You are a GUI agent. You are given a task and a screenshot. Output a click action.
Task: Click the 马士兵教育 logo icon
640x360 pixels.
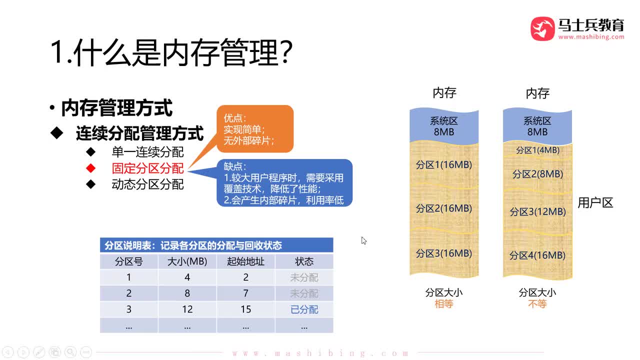click(542, 28)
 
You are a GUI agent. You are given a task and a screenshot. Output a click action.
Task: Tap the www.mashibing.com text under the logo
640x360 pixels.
click(591, 36)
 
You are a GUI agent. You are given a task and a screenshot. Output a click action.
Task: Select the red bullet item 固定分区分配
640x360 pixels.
click(147, 168)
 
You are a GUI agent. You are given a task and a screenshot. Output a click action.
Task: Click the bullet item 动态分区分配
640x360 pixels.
click(147, 184)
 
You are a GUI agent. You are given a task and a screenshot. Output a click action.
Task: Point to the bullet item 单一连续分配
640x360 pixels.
click(147, 152)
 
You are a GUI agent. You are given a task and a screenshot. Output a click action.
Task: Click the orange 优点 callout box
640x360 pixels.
click(255, 129)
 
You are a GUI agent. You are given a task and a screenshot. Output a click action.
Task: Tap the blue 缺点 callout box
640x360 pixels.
click(284, 183)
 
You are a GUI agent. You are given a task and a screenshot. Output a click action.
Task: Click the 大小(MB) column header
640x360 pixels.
click(187, 261)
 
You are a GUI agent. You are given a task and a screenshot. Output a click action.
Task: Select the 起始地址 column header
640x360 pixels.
click(245, 261)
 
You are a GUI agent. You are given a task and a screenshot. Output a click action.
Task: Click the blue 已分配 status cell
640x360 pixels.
click(304, 309)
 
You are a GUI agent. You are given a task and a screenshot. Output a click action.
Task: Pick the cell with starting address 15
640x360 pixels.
click(245, 309)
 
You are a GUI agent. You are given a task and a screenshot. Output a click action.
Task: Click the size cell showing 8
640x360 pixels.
click(187, 293)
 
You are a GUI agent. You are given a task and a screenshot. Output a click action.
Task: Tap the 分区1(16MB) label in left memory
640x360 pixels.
click(444, 164)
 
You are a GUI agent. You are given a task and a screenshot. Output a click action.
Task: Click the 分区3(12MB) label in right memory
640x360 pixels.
click(537, 211)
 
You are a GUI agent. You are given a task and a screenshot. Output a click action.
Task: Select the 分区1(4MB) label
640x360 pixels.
click(537, 150)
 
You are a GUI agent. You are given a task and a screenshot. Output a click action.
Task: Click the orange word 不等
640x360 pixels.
click(537, 304)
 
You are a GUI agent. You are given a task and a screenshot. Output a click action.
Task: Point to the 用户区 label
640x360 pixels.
click(595, 203)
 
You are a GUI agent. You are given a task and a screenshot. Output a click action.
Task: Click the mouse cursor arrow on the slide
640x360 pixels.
click(363, 240)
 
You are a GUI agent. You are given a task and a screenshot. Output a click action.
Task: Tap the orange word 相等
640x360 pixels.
click(444, 304)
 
